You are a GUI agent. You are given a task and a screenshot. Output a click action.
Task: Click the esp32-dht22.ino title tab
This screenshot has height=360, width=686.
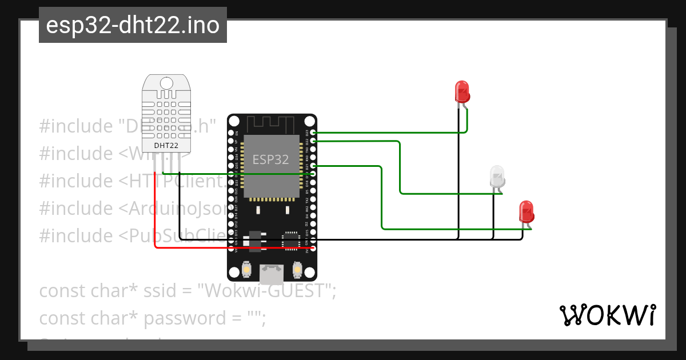133,26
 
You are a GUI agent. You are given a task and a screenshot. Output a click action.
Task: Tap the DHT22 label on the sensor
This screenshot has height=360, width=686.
166,146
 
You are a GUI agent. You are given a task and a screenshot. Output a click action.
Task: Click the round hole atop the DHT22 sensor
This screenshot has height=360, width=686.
166,83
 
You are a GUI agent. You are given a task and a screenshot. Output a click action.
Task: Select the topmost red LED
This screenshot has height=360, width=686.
461,91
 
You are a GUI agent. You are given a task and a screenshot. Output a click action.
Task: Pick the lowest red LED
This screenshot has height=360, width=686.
525,211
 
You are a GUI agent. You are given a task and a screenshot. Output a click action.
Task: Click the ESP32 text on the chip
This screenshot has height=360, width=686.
271,159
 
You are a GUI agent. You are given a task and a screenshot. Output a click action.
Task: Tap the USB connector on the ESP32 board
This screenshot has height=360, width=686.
272,274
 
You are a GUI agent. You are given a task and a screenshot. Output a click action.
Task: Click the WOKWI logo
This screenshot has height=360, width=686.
607,315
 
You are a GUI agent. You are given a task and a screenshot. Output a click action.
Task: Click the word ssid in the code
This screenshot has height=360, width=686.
165,291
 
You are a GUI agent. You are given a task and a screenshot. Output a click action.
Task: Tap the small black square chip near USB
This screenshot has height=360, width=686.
292,240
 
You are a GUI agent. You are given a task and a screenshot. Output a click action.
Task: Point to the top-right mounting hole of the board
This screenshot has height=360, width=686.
309,122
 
